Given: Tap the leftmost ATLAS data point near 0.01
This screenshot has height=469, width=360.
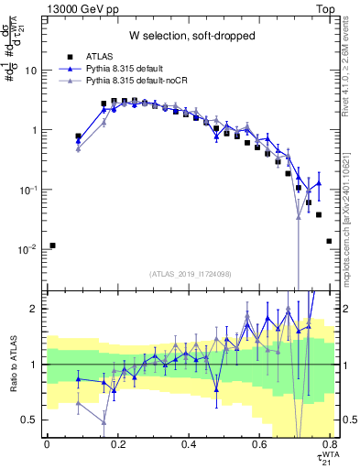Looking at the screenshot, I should point(52,245).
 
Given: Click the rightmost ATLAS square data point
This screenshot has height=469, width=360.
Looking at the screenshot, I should point(329,241).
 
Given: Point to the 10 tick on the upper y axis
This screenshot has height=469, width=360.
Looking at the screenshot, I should point(33,71).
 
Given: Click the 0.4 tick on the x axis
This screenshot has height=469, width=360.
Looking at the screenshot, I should point(189,444).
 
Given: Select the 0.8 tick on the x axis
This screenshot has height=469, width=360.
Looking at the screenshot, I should point(331,444).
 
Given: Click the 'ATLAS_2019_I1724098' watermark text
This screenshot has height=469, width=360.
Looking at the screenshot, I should point(189,273).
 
